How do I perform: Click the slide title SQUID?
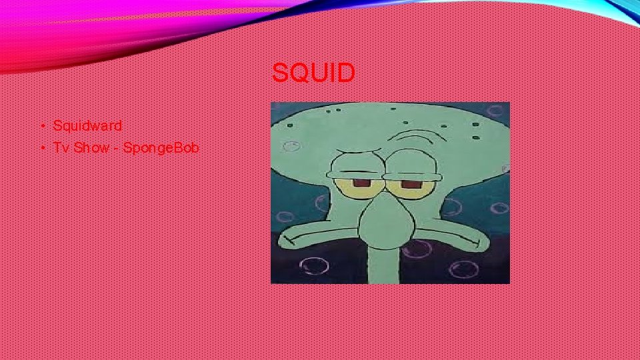[x=313, y=73]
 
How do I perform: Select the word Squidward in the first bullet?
[x=87, y=125]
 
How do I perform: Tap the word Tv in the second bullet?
[x=61, y=147]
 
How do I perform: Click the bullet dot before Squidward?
[x=41, y=126]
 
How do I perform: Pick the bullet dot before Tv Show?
[x=41, y=148]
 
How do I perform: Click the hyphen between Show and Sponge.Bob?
[x=116, y=148]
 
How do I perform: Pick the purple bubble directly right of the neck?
[x=417, y=250]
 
